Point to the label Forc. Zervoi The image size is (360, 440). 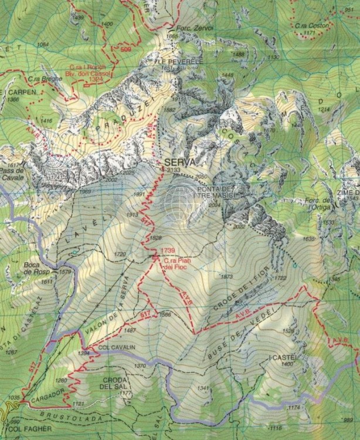tap(181, 29)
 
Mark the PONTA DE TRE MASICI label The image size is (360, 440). tap(216, 192)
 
